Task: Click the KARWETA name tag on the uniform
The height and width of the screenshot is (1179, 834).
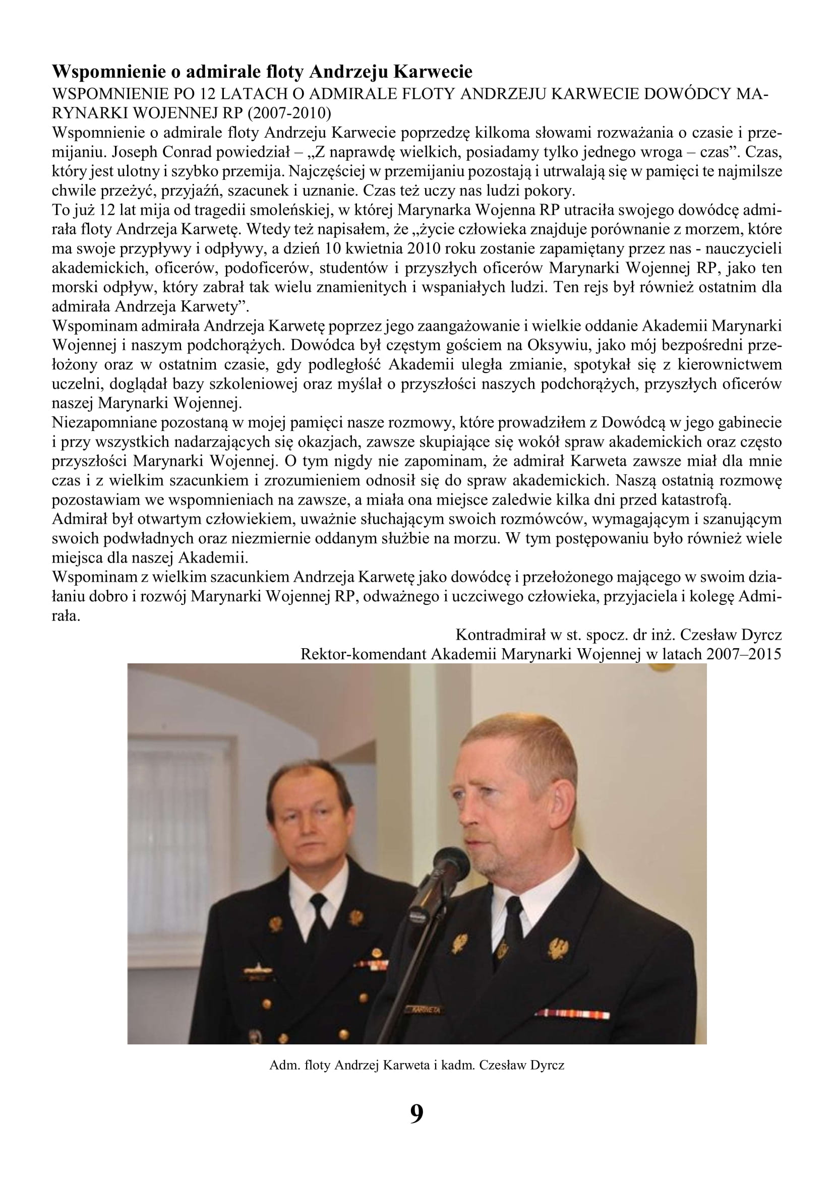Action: point(425,1008)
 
